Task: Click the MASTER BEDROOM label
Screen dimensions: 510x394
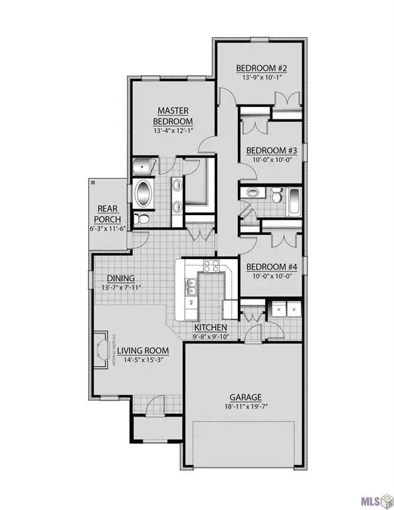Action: coord(173,116)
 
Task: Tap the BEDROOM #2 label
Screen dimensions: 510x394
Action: coord(261,68)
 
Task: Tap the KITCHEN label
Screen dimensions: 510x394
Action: coord(211,328)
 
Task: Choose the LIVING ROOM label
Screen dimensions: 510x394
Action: coord(139,350)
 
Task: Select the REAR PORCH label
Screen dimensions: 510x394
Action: coord(107,213)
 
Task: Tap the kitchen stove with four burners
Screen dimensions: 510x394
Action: coord(211,266)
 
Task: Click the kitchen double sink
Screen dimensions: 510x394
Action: coord(191,286)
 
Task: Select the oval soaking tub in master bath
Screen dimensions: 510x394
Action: coord(144,193)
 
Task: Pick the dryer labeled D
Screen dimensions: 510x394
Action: coord(293,309)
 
